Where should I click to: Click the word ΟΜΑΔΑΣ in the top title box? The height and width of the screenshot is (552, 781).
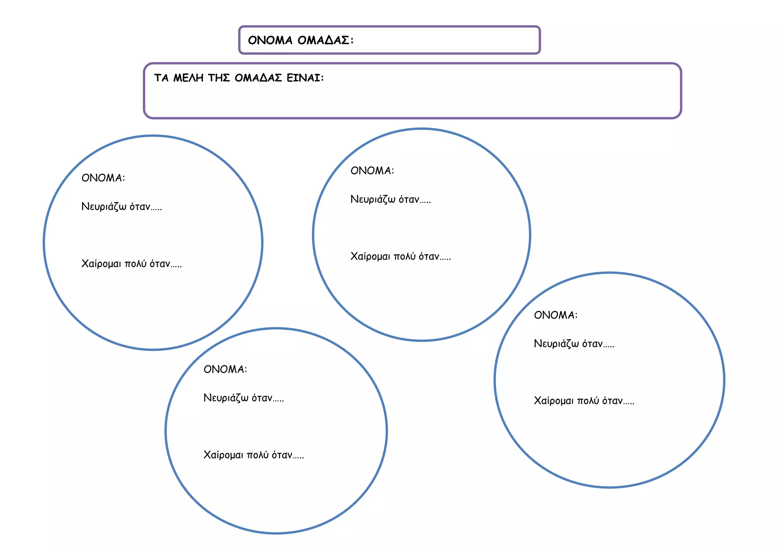[325, 40]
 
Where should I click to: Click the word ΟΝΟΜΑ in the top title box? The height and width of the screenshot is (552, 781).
[270, 40]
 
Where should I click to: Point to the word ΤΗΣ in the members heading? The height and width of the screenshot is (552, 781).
[219, 78]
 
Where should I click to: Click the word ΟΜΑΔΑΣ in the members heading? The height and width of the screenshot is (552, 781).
[258, 78]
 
